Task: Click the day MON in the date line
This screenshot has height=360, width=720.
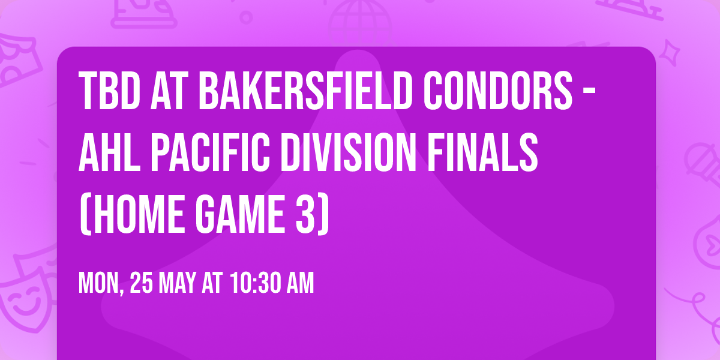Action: tap(100, 283)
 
